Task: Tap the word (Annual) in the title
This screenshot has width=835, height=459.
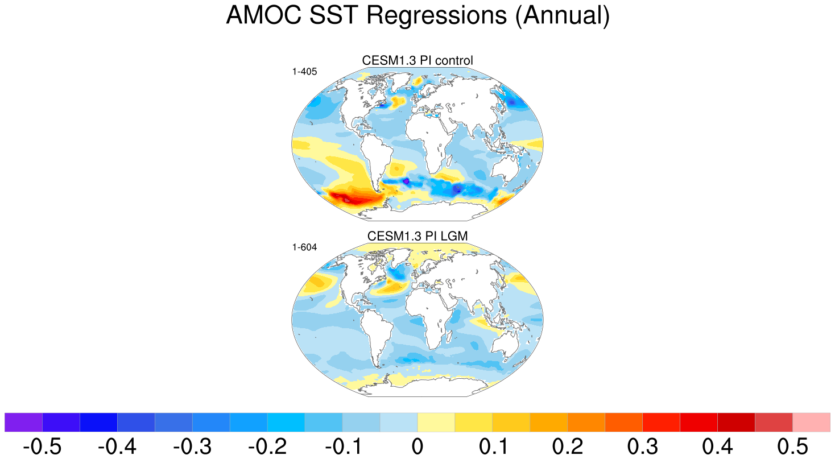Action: point(563,15)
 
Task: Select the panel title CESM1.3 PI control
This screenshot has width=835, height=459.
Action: point(418,60)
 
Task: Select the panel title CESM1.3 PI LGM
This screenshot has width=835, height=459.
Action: point(418,236)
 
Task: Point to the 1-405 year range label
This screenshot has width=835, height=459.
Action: point(304,72)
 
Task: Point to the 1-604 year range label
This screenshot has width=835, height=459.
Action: point(304,247)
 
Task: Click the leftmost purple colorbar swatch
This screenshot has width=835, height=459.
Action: point(23,422)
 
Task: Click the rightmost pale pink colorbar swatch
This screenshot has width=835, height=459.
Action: point(812,422)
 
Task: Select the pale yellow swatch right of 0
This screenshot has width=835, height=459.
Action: point(436,422)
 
